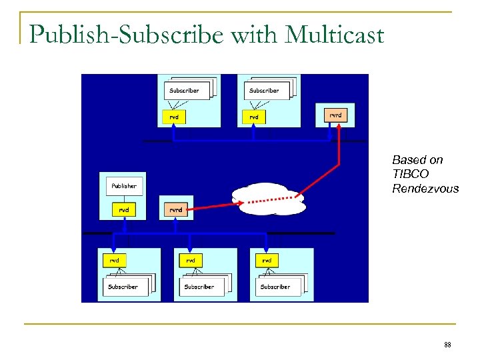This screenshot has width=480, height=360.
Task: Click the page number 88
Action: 447,345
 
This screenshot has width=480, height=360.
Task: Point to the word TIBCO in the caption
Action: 408,174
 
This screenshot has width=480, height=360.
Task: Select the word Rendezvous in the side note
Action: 425,189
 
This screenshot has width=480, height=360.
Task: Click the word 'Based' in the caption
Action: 408,160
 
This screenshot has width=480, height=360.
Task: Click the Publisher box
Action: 124,186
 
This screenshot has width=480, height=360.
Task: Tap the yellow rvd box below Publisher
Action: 124,209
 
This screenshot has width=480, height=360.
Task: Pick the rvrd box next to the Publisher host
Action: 175,209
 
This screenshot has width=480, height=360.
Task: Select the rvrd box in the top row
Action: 335,115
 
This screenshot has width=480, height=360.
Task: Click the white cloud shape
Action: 267,198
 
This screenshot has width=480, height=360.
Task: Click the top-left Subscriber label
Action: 183,91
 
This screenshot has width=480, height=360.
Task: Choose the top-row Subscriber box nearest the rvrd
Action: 264,91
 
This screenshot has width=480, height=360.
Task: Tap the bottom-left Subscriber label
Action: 123,287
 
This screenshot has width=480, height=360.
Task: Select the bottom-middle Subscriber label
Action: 199,287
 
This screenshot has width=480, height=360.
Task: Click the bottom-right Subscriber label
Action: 275,287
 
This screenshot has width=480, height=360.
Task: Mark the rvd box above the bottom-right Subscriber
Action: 267,260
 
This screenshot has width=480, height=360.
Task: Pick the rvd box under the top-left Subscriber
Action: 174,117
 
